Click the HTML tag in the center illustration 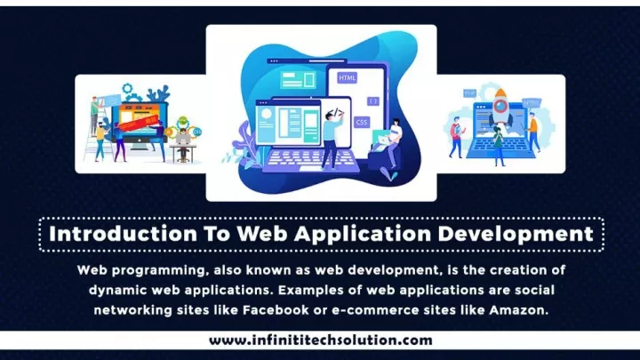(347, 77)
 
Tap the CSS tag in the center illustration (361, 122)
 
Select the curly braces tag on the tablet (373, 100)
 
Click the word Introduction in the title (123, 234)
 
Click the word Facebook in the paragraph (276, 310)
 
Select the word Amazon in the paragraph (519, 310)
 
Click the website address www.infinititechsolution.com (320, 340)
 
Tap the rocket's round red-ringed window (500, 106)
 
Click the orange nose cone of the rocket (500, 93)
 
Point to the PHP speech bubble (470, 94)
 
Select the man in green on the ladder (95, 115)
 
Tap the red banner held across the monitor (139, 123)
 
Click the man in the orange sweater (533, 132)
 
